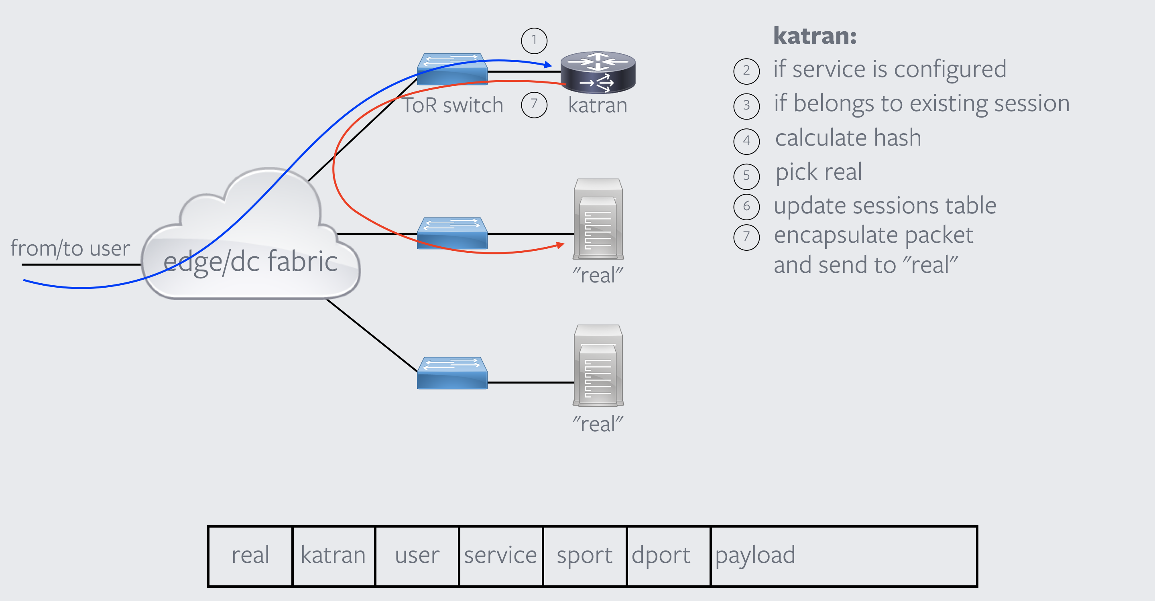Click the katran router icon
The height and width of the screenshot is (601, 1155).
point(598,72)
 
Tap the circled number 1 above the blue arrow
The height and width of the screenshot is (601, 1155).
point(534,41)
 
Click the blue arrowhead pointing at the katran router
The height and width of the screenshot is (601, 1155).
point(548,65)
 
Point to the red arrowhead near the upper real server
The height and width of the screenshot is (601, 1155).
point(560,245)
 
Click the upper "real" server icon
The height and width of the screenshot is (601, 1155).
point(598,219)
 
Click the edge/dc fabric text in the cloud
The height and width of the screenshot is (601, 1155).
point(250,262)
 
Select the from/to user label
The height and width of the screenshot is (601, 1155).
point(70,248)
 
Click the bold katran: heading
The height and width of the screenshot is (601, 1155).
point(815,35)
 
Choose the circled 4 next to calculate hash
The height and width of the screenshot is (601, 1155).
point(746,141)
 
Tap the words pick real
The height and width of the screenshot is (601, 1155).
point(818,172)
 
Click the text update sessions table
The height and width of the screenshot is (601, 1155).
point(885,206)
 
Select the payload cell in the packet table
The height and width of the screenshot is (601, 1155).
point(843,556)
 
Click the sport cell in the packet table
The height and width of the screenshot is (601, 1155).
point(584,556)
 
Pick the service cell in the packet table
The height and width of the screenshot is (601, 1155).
point(500,556)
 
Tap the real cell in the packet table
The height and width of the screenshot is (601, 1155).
point(250,556)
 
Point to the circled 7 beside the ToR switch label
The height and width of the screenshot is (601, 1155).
point(534,105)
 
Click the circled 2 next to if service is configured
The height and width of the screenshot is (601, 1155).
point(746,71)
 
